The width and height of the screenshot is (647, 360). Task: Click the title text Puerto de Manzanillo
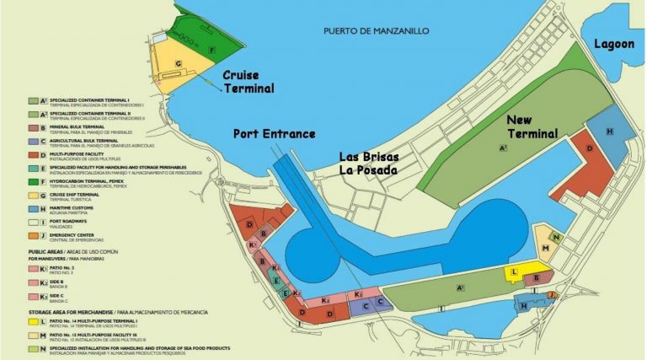point(376,31)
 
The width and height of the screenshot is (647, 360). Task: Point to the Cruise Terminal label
point(249,81)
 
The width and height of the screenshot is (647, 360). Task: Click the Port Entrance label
point(275,133)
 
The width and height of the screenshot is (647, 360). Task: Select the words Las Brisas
point(369,157)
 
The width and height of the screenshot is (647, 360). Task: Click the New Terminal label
point(532,126)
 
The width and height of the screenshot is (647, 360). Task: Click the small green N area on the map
point(556,237)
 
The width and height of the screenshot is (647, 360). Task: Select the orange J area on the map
point(552,294)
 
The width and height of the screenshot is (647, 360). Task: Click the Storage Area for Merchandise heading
point(77,312)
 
